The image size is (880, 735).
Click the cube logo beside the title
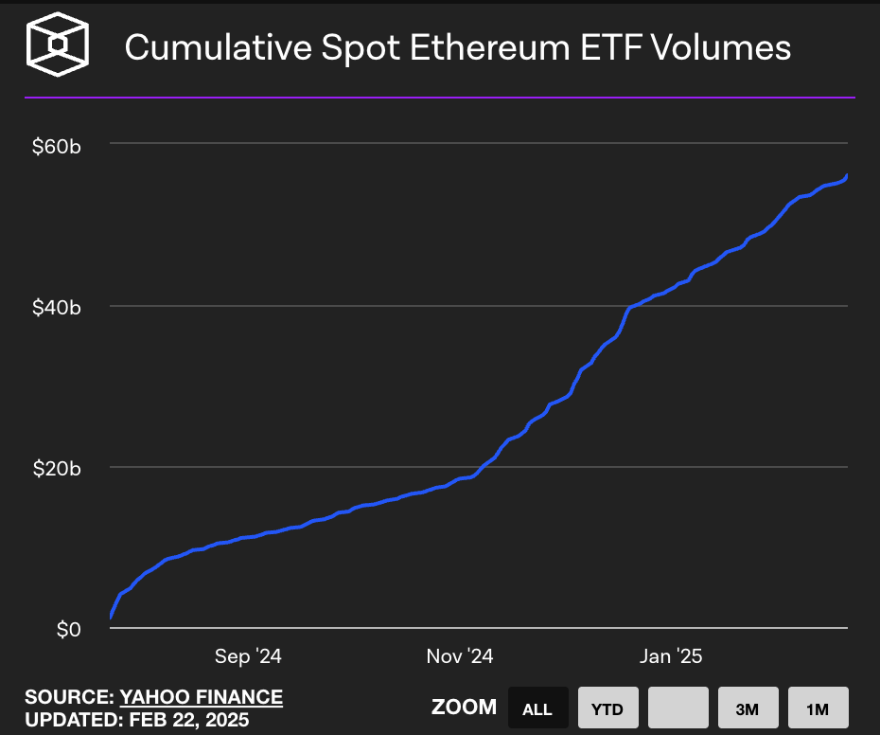pos(59,45)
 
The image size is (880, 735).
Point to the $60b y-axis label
pos(57,147)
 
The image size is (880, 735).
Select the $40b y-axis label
pos(57,308)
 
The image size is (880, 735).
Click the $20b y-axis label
pos(57,470)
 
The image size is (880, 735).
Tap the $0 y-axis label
pos(69,630)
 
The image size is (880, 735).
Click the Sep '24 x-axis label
pos(248,656)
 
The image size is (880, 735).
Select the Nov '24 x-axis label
pos(460,656)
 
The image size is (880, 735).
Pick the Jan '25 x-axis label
pos(670,656)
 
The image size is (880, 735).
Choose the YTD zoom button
pos(607,708)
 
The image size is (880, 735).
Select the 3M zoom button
pos(748,708)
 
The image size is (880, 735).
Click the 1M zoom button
pos(818,708)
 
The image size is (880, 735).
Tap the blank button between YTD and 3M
pos(678,708)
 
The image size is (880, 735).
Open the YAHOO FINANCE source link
pos(201,697)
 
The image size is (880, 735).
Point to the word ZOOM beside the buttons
pos(464,708)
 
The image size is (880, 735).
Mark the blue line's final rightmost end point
pos(847,175)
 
